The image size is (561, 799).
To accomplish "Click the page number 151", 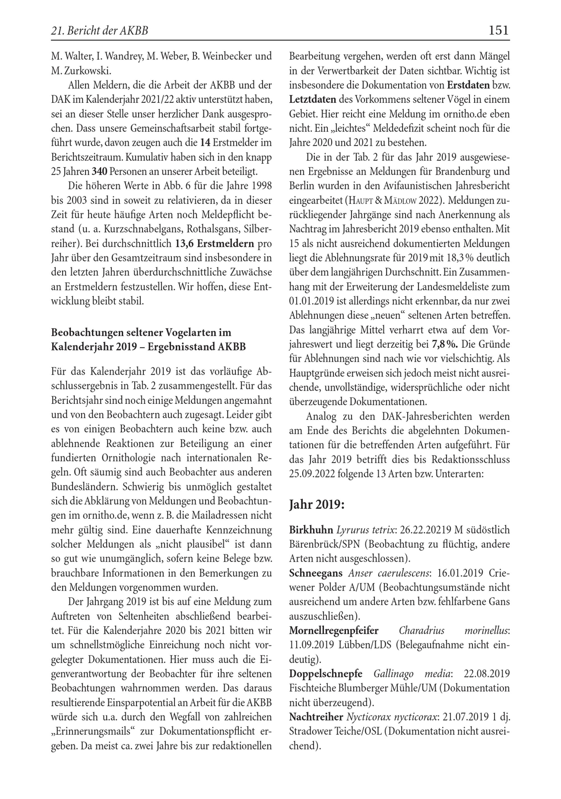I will [x=498, y=31].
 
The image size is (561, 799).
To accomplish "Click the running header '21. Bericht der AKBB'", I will [x=100, y=31].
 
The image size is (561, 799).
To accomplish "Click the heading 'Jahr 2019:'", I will [x=317, y=504].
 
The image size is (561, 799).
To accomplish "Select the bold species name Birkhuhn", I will [x=311, y=530].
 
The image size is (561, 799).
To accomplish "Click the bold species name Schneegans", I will [x=316, y=573].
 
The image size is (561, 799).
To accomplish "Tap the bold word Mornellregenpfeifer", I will [x=334, y=630].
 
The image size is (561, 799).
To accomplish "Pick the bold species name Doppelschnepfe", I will [x=325, y=673].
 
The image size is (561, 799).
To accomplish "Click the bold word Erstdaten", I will [x=468, y=85].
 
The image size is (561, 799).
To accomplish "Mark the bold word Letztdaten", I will [x=312, y=100].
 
